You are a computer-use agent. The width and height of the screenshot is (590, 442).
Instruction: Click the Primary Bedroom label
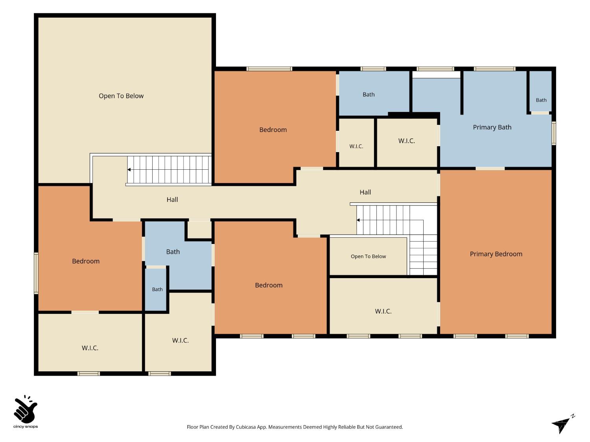(496, 254)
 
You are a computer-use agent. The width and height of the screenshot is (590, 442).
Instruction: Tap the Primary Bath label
(492, 127)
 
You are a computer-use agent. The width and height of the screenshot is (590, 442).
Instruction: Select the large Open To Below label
(121, 96)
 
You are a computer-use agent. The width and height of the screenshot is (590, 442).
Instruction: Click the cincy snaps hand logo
(26, 409)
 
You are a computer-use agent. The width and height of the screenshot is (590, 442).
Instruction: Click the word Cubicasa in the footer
(246, 427)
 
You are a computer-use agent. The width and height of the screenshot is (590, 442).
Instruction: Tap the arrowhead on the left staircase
(129, 170)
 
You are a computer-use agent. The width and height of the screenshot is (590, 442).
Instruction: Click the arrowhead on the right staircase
(358, 220)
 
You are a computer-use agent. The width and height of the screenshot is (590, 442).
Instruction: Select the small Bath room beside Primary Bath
(540, 91)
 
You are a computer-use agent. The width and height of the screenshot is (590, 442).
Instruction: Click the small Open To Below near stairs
(368, 256)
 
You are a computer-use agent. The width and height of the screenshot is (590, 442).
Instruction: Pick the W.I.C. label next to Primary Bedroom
(383, 311)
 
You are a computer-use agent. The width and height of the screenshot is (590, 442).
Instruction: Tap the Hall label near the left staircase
(172, 200)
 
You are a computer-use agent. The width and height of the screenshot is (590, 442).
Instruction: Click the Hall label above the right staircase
(365, 192)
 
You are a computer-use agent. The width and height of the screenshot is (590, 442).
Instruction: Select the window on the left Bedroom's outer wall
(36, 273)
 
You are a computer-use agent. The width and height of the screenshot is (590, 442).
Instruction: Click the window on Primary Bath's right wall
(554, 133)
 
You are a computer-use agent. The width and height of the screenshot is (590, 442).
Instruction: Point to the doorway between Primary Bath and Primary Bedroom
(490, 169)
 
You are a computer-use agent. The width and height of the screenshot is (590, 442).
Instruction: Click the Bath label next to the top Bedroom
(369, 94)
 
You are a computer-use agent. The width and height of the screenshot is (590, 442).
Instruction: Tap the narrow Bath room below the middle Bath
(156, 289)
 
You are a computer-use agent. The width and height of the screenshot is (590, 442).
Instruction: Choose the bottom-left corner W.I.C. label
(90, 348)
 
